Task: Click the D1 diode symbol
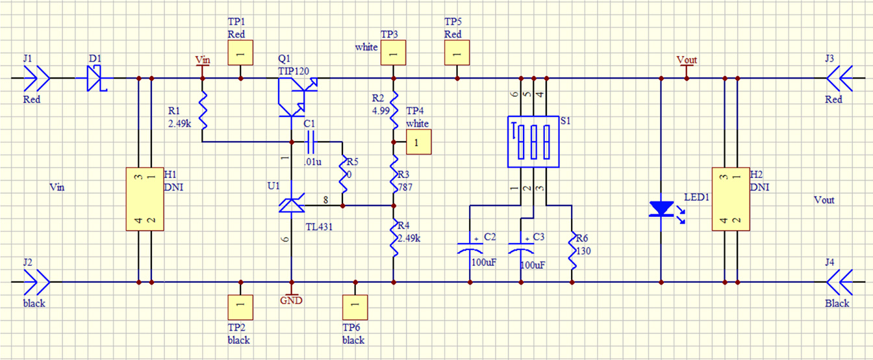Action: click(97, 79)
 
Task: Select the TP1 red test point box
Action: click(240, 54)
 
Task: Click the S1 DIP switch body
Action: click(533, 142)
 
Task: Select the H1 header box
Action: click(144, 199)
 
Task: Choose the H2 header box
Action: click(731, 199)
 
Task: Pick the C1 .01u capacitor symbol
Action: click(310, 141)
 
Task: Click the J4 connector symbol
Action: click(839, 283)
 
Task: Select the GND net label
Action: click(292, 300)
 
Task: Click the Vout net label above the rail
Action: click(687, 60)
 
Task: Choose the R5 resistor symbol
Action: click(342, 174)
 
